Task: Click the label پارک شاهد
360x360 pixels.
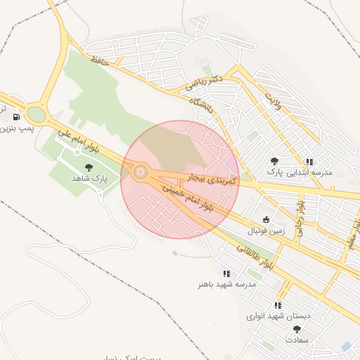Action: [x=89, y=179]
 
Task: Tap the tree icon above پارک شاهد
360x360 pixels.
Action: [x=89, y=167]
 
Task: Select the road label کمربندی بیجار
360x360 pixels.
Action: [x=214, y=177]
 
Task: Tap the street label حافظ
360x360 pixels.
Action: [x=98, y=62]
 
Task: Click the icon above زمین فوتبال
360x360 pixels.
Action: [x=265, y=219]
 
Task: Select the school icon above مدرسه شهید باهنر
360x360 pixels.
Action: [x=226, y=273]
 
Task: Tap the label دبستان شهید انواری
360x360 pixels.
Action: [x=278, y=316]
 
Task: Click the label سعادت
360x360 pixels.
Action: [x=297, y=340]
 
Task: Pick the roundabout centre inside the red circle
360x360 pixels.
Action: [x=141, y=172]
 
